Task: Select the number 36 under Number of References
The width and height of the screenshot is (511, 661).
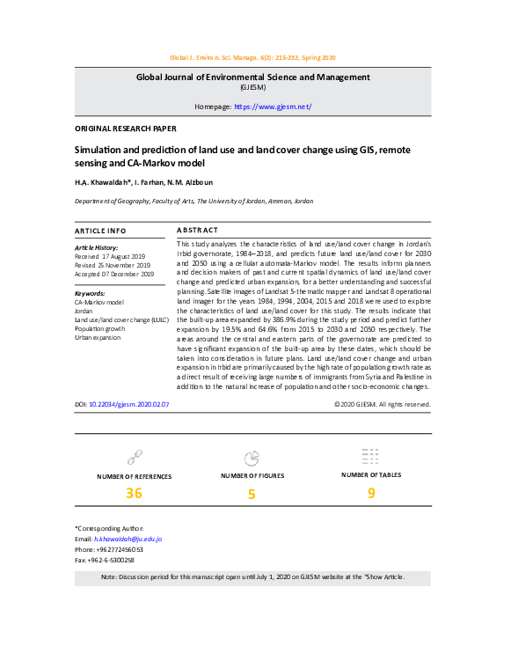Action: coord(134,493)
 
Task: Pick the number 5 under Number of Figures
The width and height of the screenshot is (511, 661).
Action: coord(252,495)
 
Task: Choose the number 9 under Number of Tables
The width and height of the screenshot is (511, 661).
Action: coord(371,493)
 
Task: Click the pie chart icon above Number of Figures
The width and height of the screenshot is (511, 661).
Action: coord(252,458)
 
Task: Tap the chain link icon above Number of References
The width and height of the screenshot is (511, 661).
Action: coord(134,457)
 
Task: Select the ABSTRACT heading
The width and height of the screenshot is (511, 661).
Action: coord(198,230)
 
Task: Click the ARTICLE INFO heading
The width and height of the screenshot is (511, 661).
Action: coord(102,230)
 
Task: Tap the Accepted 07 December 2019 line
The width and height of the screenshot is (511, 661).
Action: coord(115,274)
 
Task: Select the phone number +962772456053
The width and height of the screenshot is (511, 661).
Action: coord(116,548)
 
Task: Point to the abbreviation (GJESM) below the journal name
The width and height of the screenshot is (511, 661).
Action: coord(255,88)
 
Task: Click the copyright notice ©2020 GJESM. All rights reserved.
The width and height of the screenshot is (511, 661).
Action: coord(383,405)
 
